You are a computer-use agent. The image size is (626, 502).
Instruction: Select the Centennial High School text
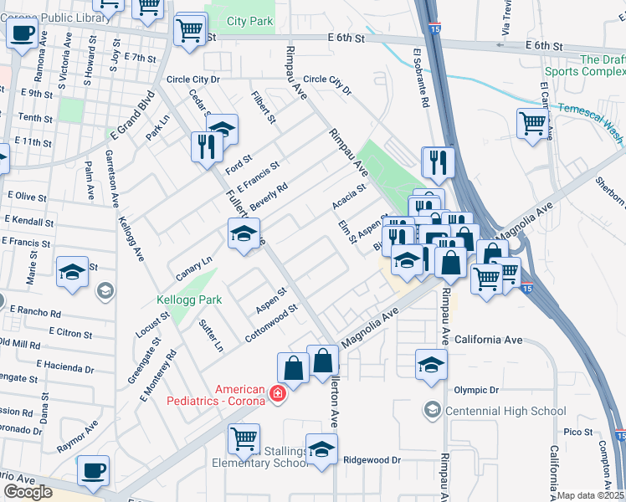click(x=505, y=410)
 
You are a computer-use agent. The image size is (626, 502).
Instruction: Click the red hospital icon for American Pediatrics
click(x=277, y=392)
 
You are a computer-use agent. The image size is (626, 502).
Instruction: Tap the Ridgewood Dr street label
click(x=372, y=459)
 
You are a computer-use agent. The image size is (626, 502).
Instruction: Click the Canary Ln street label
click(x=194, y=269)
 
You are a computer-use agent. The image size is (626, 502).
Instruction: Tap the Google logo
click(x=28, y=492)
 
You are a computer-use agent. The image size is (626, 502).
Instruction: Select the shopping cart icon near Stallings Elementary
click(x=244, y=437)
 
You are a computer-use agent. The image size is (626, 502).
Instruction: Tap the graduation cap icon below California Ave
click(x=431, y=365)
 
